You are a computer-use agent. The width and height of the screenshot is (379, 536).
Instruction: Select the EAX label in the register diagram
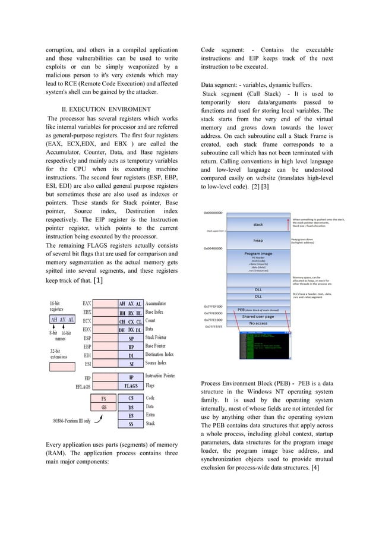click(87, 302)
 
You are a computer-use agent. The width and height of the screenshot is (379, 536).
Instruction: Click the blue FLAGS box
click(131, 386)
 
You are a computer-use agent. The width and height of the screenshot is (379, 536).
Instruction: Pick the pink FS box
click(103, 399)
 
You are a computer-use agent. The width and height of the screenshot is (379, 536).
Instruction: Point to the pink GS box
click(103, 407)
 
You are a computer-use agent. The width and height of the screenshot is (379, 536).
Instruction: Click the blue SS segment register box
click(131, 424)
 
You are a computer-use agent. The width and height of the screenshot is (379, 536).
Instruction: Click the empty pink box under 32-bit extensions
click(62, 367)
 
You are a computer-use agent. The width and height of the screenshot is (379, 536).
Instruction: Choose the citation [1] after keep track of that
click(99, 280)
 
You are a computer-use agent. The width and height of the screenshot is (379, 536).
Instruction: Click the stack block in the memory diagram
click(258, 225)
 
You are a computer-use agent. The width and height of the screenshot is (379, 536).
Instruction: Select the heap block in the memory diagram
click(258, 240)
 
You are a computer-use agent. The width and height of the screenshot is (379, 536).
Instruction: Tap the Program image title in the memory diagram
click(258, 254)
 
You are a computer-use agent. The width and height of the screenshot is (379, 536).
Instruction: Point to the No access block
click(258, 323)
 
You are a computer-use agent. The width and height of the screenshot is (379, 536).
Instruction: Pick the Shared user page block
click(258, 316)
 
